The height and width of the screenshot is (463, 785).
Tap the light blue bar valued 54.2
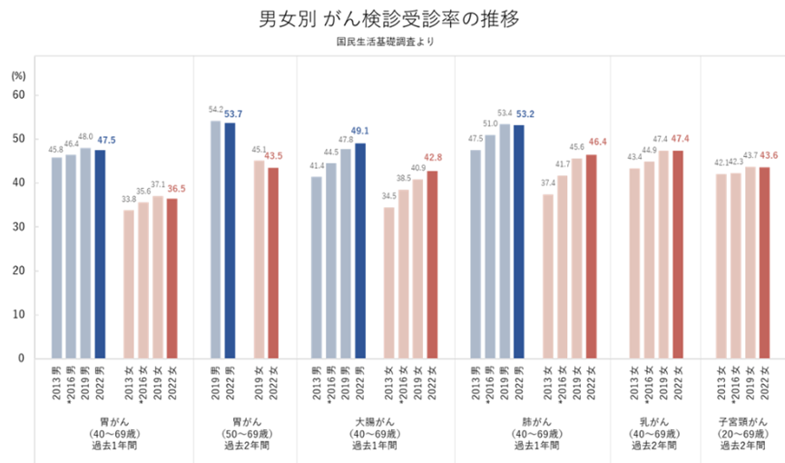coord(216,240)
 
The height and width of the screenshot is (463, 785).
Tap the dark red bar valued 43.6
coord(765,263)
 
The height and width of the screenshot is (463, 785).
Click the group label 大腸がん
coord(375,421)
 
